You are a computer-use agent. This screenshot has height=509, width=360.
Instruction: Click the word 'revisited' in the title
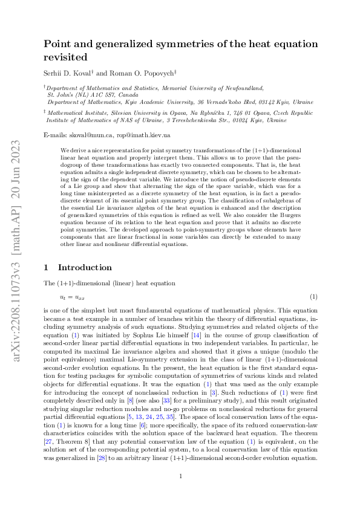click(x=67, y=57)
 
